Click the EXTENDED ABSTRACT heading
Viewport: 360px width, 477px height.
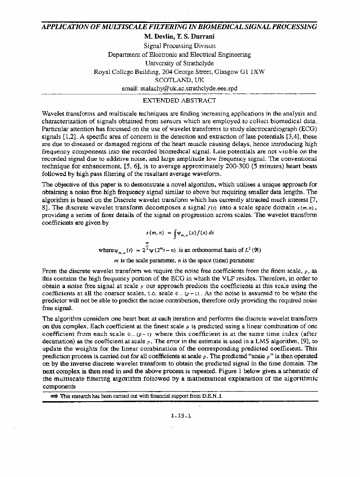(x=179, y=101)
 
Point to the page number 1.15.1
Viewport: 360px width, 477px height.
(x=180, y=415)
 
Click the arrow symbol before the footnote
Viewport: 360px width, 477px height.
(x=54, y=396)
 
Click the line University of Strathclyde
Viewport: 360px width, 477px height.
(x=179, y=62)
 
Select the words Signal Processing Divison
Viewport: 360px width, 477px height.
(x=179, y=45)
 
